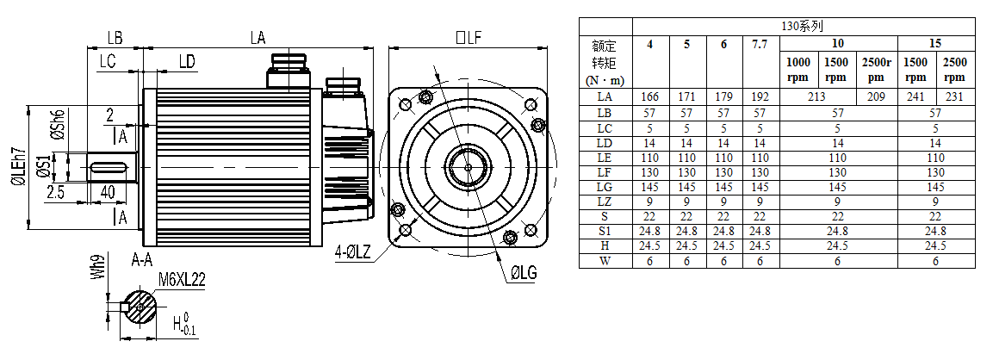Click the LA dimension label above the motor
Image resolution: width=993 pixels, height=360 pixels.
click(258, 37)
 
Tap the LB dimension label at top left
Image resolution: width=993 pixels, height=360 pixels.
click(114, 37)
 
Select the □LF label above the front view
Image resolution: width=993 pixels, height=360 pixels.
click(468, 37)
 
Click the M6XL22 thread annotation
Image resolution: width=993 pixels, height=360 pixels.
click(182, 279)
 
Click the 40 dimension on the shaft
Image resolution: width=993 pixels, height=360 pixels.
click(109, 192)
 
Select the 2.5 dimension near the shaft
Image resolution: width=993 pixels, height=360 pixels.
click(56, 192)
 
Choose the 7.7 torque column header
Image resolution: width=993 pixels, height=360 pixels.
click(760, 44)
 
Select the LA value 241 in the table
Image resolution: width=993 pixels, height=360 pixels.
click(917, 96)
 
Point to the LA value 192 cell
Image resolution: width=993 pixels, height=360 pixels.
click(760, 96)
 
